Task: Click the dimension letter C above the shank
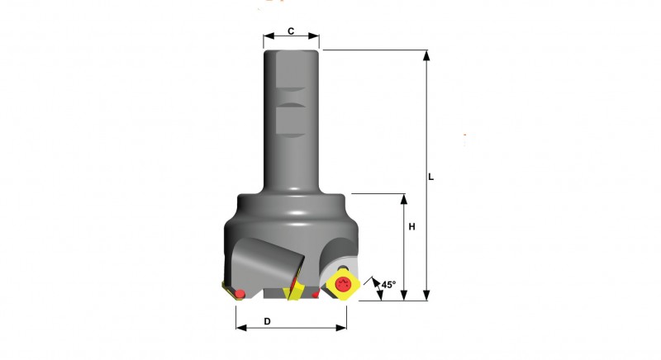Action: pyautogui.click(x=291, y=31)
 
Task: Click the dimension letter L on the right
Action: pyautogui.click(x=430, y=178)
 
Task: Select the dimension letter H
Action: pyautogui.click(x=411, y=226)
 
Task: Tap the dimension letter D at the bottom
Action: pyautogui.click(x=267, y=321)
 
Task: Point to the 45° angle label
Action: pyautogui.click(x=388, y=285)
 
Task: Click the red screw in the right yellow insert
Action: pyautogui.click(x=343, y=285)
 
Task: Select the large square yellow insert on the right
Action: pyautogui.click(x=344, y=285)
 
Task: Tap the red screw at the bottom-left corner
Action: pyautogui.click(x=240, y=293)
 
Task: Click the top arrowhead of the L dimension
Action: pyautogui.click(x=426, y=54)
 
